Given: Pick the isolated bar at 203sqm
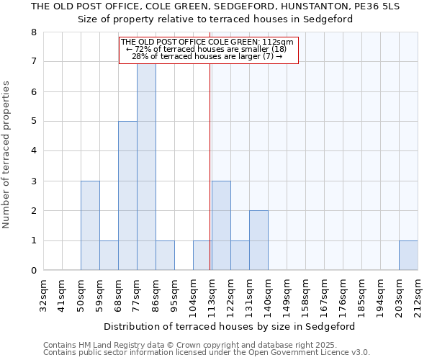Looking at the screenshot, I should pyautogui.click(x=408, y=256).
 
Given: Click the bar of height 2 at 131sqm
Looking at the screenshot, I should pyautogui.click(x=258, y=240).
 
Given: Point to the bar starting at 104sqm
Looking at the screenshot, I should pyautogui.click(x=202, y=256).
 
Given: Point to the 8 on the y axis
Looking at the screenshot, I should pyautogui.click(x=33, y=32).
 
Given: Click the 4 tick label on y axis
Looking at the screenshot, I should pyautogui.click(x=33, y=151).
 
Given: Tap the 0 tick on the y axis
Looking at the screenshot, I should pyautogui.click(x=33, y=271).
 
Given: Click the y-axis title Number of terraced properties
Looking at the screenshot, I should pyautogui.click(x=7, y=155).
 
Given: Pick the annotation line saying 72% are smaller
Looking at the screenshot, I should pyautogui.click(x=207, y=49).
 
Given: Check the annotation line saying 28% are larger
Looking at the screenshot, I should pyautogui.click(x=207, y=56).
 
